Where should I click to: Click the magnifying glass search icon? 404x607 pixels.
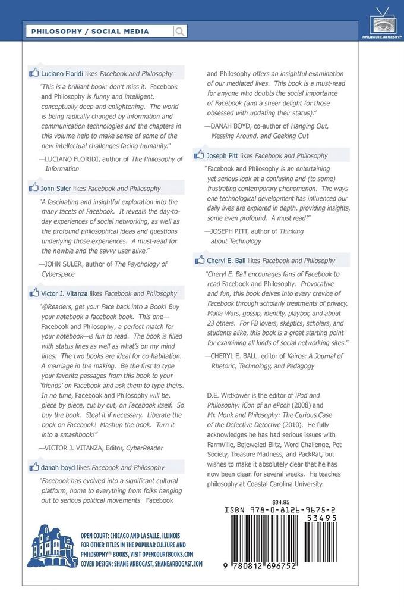tap(179, 31)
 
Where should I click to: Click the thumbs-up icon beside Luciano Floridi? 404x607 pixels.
tap(34, 73)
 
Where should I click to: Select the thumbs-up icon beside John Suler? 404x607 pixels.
tap(34, 188)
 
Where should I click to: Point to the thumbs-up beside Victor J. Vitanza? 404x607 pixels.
tap(34, 293)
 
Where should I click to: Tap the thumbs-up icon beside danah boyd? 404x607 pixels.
tap(34, 467)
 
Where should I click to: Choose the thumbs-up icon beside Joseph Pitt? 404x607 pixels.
tap(200, 155)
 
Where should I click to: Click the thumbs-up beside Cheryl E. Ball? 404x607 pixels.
tap(200, 260)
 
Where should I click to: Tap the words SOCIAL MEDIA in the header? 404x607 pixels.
tap(121, 31)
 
